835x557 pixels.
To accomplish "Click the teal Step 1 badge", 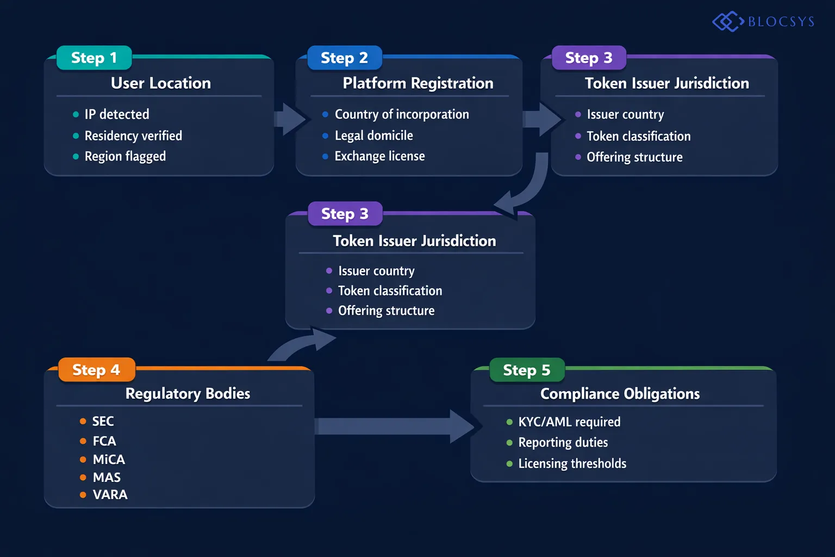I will pyautogui.click(x=94, y=58).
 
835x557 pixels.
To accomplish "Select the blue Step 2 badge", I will pyautogui.click(x=344, y=58).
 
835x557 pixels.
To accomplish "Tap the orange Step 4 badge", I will pyautogui.click(x=96, y=370).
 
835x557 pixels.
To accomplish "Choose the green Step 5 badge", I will pyautogui.click(x=527, y=370).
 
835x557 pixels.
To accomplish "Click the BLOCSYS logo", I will pyautogui.click(x=763, y=22).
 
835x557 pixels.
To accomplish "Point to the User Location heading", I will pyautogui.click(x=160, y=83).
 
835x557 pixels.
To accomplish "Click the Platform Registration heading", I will pyautogui.click(x=417, y=83).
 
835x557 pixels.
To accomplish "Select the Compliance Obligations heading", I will pyautogui.click(x=620, y=394).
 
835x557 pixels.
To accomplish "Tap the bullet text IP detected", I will pyautogui.click(x=117, y=114).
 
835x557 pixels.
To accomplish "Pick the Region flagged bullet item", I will pyautogui.click(x=125, y=157).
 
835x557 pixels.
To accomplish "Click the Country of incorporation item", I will pyautogui.click(x=402, y=114).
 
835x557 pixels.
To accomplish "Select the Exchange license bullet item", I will pyautogui.click(x=379, y=156).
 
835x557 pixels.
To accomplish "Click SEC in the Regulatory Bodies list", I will pyautogui.click(x=103, y=422).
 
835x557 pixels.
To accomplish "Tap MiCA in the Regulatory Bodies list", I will pyautogui.click(x=109, y=460).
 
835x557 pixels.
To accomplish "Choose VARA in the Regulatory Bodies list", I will pyautogui.click(x=110, y=495).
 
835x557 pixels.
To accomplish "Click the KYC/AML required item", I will pyautogui.click(x=569, y=422).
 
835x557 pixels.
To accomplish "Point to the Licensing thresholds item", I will pyautogui.click(x=572, y=463).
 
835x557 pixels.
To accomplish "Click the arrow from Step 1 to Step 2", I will pyautogui.click(x=290, y=119).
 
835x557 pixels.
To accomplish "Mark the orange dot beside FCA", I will pyautogui.click(x=83, y=441).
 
